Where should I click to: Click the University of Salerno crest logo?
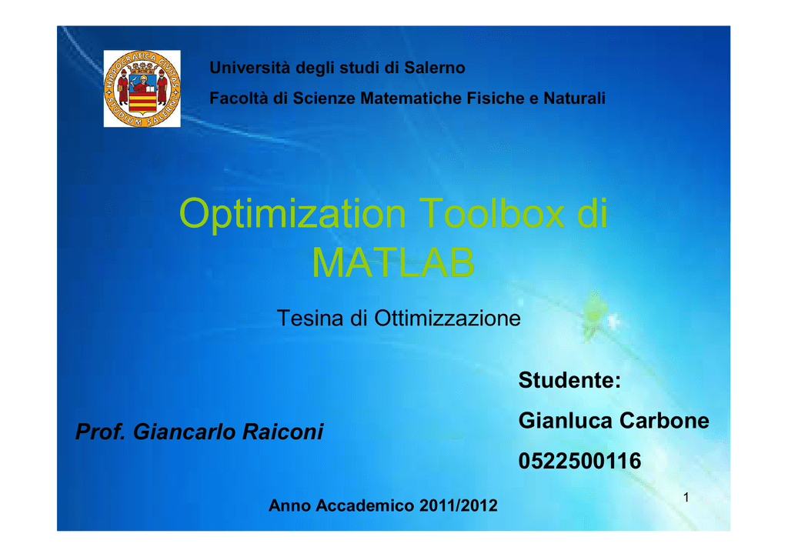(x=142, y=88)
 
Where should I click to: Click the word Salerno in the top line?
(x=435, y=67)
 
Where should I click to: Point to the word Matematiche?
(x=411, y=98)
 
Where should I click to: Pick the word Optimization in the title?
(x=292, y=214)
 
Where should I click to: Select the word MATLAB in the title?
(x=393, y=262)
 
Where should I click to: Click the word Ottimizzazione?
(x=447, y=318)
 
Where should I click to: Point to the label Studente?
(x=570, y=380)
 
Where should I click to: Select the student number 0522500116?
(x=580, y=461)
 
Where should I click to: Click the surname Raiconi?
(x=283, y=432)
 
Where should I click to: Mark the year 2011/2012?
(x=459, y=505)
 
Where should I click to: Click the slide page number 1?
(x=686, y=497)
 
